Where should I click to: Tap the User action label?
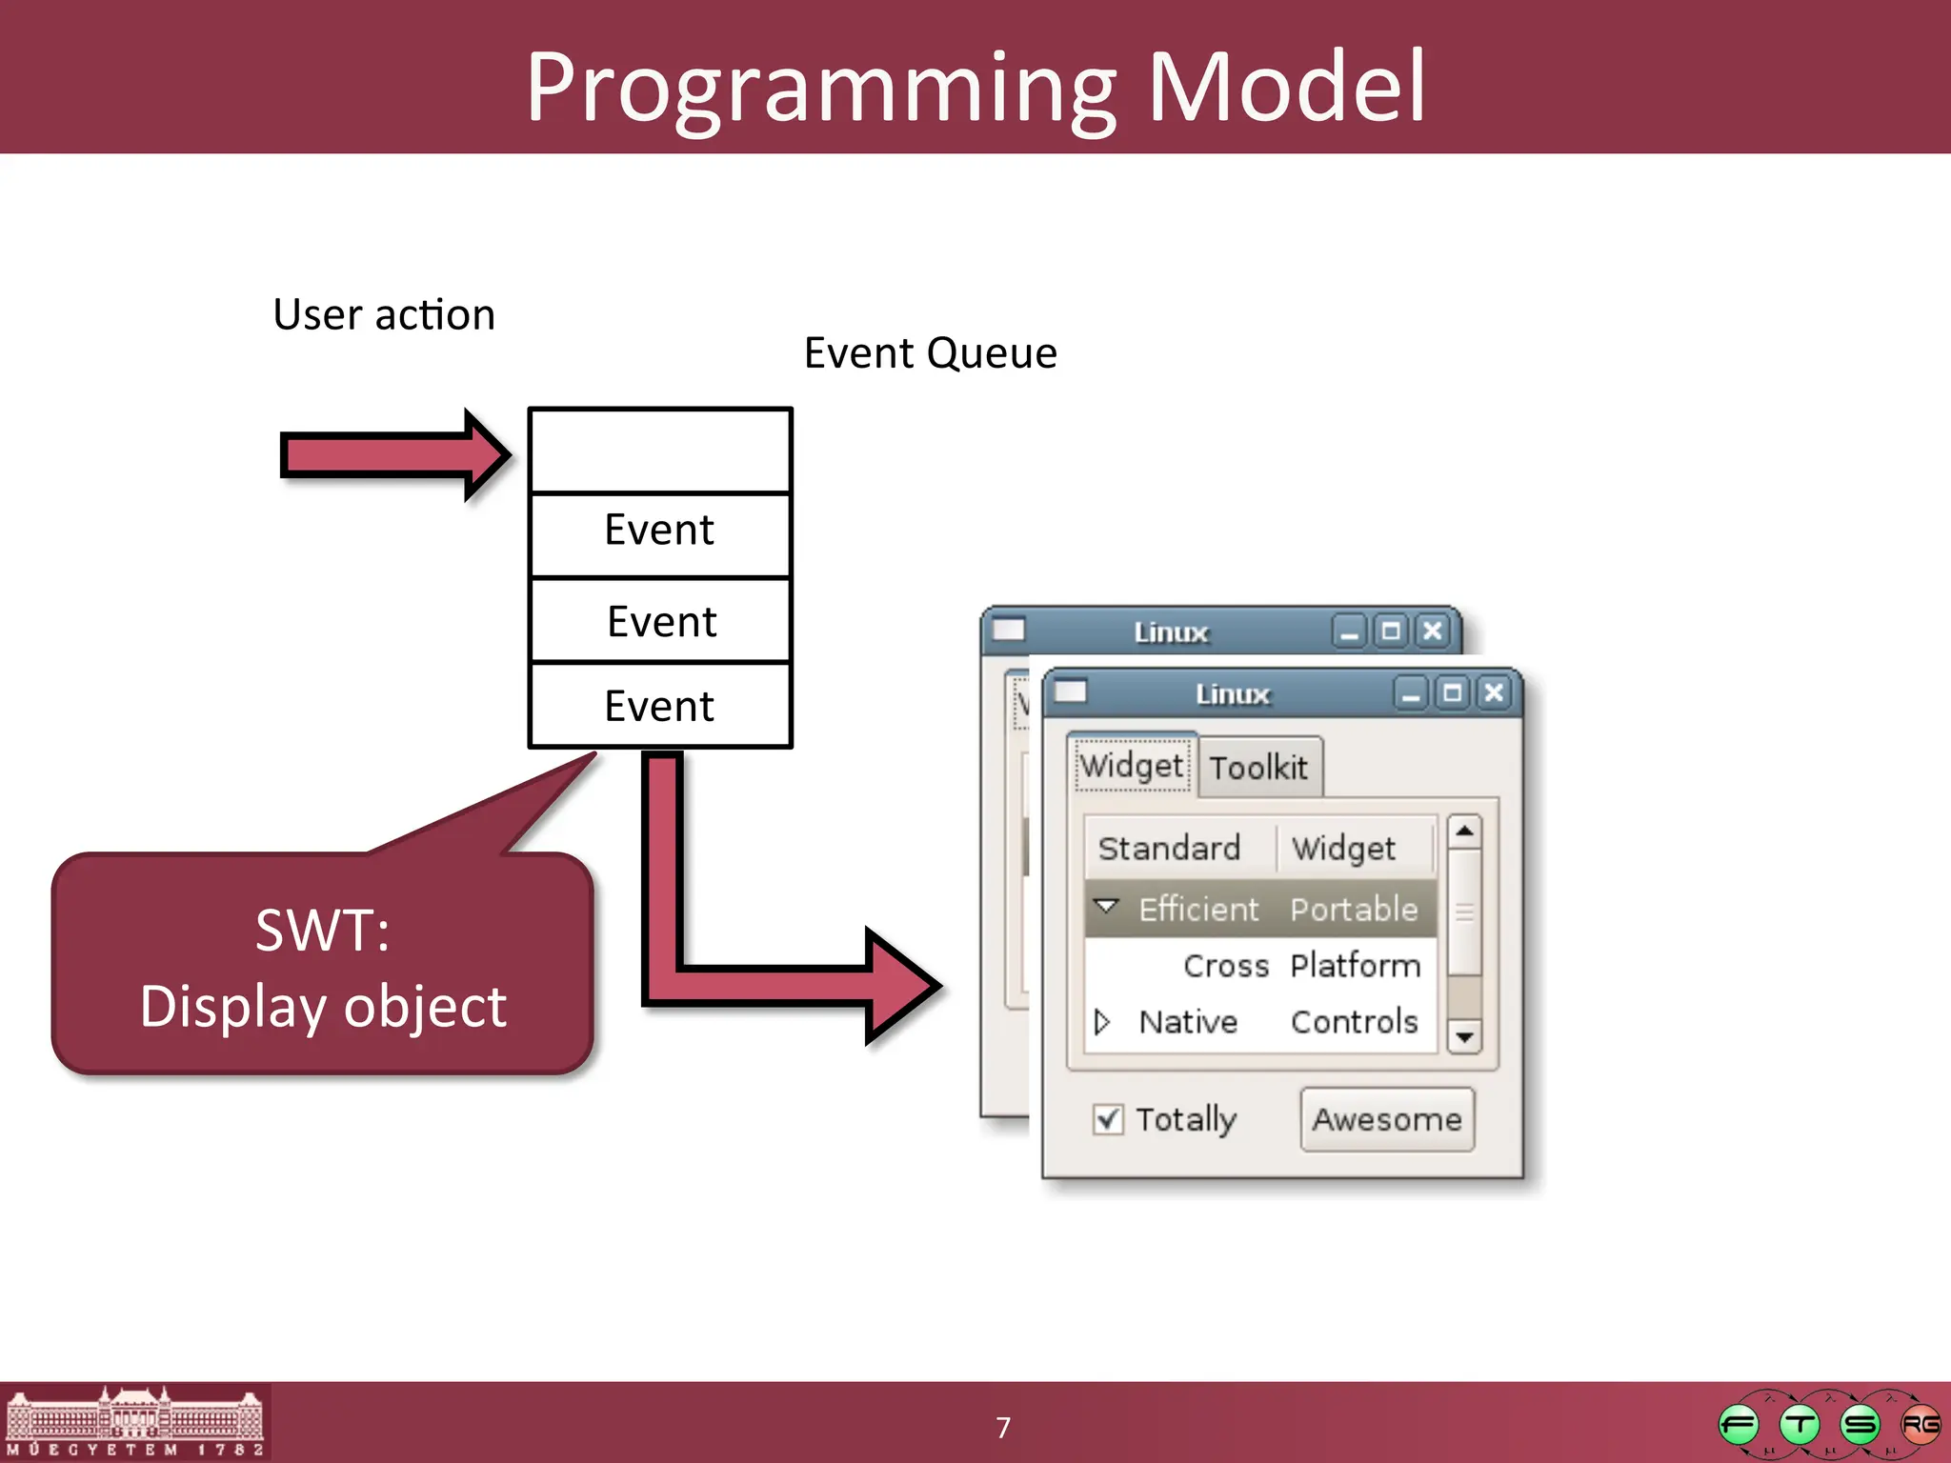pos(384,314)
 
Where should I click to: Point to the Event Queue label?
pos(930,353)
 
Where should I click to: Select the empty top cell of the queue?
pos(660,451)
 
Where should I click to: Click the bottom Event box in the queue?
pos(660,706)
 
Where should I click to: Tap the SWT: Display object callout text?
pos(323,968)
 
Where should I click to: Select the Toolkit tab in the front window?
pos(1258,767)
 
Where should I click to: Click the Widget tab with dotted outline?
pos(1132,765)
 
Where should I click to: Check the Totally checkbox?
pos(1108,1119)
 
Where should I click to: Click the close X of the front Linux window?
pos(1494,692)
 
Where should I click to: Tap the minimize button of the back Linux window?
pos(1349,631)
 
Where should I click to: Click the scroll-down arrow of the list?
pos(1464,1036)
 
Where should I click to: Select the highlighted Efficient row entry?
pos(1198,909)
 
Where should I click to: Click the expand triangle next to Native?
pos(1102,1022)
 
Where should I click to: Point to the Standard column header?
pos(1170,848)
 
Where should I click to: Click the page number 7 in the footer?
pos(1002,1427)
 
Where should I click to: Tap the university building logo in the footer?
pos(134,1421)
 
